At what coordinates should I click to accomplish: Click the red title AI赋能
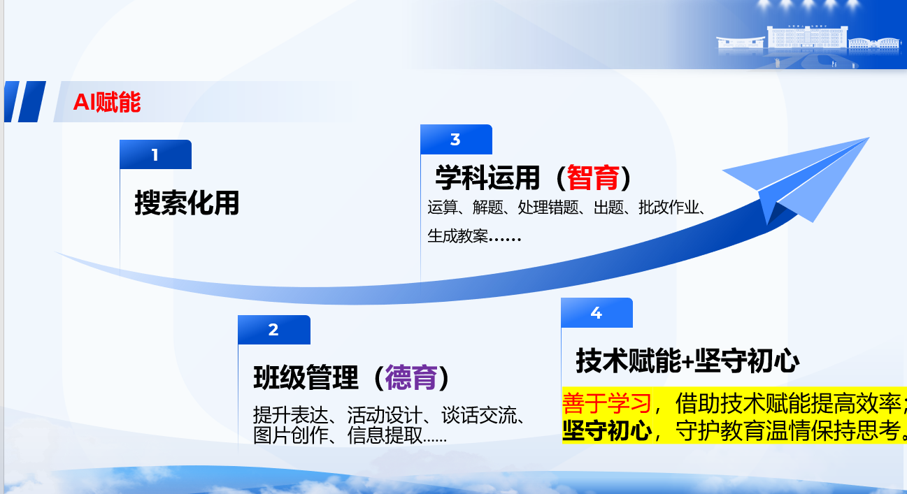coord(107,102)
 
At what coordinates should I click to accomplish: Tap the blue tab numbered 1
coord(155,154)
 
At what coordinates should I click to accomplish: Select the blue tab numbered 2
coord(274,330)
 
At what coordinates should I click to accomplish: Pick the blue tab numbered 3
coord(457,140)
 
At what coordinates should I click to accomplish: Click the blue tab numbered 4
coord(597,313)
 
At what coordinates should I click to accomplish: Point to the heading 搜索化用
coord(187,203)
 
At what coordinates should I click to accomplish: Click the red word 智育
coord(593,177)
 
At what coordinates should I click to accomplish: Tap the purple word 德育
coord(411,377)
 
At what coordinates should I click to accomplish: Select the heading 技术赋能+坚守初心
coord(687,361)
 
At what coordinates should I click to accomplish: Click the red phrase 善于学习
coord(606,403)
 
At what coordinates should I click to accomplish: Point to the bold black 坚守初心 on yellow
coord(606,430)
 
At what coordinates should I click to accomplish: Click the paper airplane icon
coord(796,180)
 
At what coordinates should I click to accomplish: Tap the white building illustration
coord(808,43)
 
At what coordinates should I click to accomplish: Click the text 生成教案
coord(457,236)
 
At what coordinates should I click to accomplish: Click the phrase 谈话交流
coord(479,415)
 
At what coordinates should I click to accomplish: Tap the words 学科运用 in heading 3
coord(487,177)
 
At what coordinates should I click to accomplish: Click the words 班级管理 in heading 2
coord(306,377)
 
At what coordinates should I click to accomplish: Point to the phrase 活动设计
coord(385,415)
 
